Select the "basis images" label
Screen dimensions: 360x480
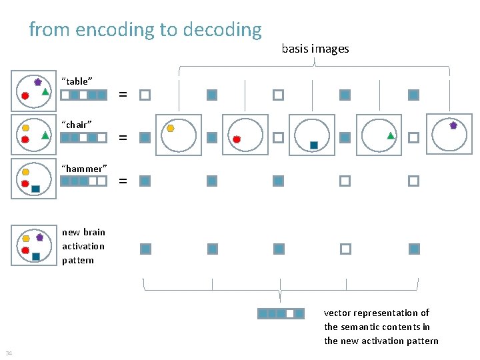pyautogui.click(x=315, y=49)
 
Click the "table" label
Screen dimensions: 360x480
pyautogui.click(x=77, y=81)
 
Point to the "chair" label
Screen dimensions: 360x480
pyautogui.click(x=77, y=124)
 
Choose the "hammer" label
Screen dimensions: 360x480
pyautogui.click(x=84, y=168)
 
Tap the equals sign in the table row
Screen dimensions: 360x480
pyautogui.click(x=123, y=95)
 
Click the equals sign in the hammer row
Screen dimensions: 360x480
pyautogui.click(x=123, y=181)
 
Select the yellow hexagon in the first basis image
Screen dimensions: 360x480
pyautogui.click(x=171, y=127)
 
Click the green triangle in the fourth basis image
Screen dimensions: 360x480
pyautogui.click(x=391, y=136)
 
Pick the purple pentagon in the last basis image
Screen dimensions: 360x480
pyautogui.click(x=453, y=125)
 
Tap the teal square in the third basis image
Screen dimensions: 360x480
pyautogui.click(x=313, y=145)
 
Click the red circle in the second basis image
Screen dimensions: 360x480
pyautogui.click(x=237, y=139)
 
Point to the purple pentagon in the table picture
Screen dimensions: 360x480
pyautogui.click(x=38, y=81)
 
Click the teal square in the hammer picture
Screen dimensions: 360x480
pyautogui.click(x=35, y=189)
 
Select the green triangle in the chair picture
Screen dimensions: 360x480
pyautogui.click(x=45, y=135)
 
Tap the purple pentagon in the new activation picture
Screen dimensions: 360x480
pyautogui.click(x=39, y=237)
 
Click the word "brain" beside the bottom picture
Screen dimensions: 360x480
pyautogui.click(x=94, y=232)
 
